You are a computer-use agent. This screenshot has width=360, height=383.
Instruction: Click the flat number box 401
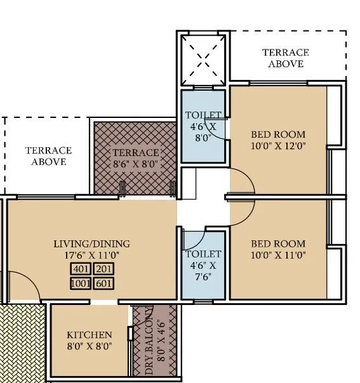[x=80, y=269]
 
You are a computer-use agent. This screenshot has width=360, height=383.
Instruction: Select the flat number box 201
[x=104, y=269]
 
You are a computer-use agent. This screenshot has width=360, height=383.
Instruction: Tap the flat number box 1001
[x=80, y=283]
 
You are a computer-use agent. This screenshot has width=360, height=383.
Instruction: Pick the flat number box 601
[x=104, y=283]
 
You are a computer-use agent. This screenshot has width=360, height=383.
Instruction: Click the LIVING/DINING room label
[x=91, y=243]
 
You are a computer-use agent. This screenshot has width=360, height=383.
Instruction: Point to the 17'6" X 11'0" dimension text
[x=91, y=256]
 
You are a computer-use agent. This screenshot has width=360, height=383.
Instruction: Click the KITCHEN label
[x=90, y=335]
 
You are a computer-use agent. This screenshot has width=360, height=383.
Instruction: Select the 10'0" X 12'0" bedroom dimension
[x=278, y=146]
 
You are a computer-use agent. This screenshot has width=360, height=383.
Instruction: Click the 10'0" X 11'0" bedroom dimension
[x=278, y=255]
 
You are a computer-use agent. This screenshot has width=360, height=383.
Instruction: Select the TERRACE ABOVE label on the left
[x=48, y=156]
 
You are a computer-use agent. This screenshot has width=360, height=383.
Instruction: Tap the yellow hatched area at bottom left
[x=23, y=342]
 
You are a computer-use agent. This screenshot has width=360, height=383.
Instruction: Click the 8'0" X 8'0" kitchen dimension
[x=90, y=347]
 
